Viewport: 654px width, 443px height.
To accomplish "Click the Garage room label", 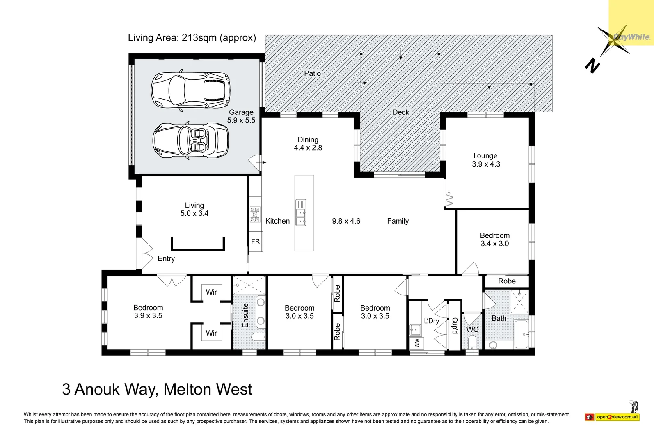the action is [x=241, y=112].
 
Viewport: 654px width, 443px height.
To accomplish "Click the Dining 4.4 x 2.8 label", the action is [x=308, y=144].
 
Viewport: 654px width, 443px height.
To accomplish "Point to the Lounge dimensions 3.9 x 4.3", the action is [x=486, y=164].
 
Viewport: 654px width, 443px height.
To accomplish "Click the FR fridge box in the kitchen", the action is [x=255, y=242].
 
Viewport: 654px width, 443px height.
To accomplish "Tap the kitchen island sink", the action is [x=301, y=212].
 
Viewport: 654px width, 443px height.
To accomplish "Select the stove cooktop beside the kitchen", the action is [x=255, y=215].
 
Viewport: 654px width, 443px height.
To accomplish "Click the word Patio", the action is [x=312, y=73].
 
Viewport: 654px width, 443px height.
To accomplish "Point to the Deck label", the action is [x=400, y=112].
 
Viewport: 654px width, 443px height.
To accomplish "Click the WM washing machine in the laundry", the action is [x=417, y=343].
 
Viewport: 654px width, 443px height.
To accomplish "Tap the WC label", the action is [x=472, y=329].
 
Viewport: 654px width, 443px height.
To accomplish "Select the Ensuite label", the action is [x=245, y=315].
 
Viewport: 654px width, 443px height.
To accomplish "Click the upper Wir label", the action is [x=211, y=292].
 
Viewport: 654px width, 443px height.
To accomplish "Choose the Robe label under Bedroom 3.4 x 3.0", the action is [x=507, y=281].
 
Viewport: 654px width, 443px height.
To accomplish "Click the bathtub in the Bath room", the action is [x=521, y=334].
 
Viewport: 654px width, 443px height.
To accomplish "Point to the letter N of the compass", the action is [x=592, y=66].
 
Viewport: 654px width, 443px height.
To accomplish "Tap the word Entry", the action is [x=166, y=259].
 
